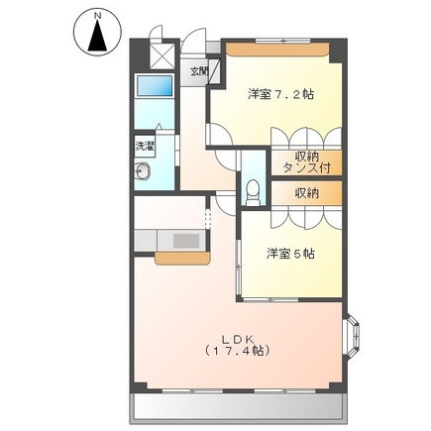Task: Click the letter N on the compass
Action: tap(95, 16)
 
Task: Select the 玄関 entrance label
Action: tap(200, 71)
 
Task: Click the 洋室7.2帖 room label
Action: tap(281, 94)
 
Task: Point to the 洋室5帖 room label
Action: tap(289, 254)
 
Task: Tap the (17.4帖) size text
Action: tap(237, 351)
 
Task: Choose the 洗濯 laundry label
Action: tap(146, 146)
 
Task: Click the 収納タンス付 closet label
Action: tap(307, 161)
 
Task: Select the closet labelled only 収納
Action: tap(307, 193)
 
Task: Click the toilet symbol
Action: tap(253, 187)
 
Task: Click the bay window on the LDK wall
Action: tap(351, 337)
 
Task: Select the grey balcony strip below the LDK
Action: tap(238, 405)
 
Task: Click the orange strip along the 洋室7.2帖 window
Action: tap(276, 47)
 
